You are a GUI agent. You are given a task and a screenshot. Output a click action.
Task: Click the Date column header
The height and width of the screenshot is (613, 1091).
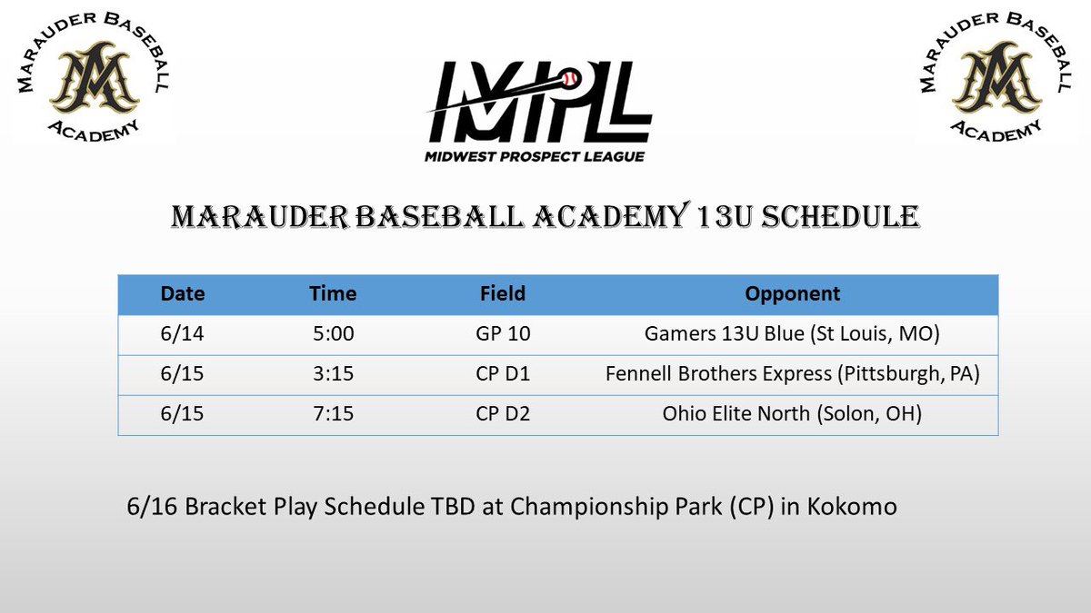pos(183,294)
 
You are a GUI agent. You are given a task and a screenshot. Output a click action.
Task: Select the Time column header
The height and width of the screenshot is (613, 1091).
pos(333,294)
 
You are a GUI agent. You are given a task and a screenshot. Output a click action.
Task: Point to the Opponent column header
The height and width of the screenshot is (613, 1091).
pos(792,294)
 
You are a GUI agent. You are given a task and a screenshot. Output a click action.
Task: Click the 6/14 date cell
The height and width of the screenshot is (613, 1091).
pos(183,334)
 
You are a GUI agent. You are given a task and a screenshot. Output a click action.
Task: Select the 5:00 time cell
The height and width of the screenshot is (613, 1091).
pos(333,334)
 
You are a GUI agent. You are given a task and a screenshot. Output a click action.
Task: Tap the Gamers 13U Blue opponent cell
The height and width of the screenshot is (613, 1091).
pos(792,334)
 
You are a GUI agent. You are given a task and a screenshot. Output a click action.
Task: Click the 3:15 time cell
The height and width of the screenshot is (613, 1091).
pos(333,374)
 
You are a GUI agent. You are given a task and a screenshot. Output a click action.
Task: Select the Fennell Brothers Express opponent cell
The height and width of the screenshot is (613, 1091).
pos(792,374)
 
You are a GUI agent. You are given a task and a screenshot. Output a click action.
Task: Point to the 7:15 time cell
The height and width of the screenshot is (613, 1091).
pos(333,414)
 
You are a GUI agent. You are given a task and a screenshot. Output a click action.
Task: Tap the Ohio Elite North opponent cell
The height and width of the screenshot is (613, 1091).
pos(792,414)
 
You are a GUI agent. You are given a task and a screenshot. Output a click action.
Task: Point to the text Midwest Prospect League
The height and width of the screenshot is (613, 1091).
pos(535,156)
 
